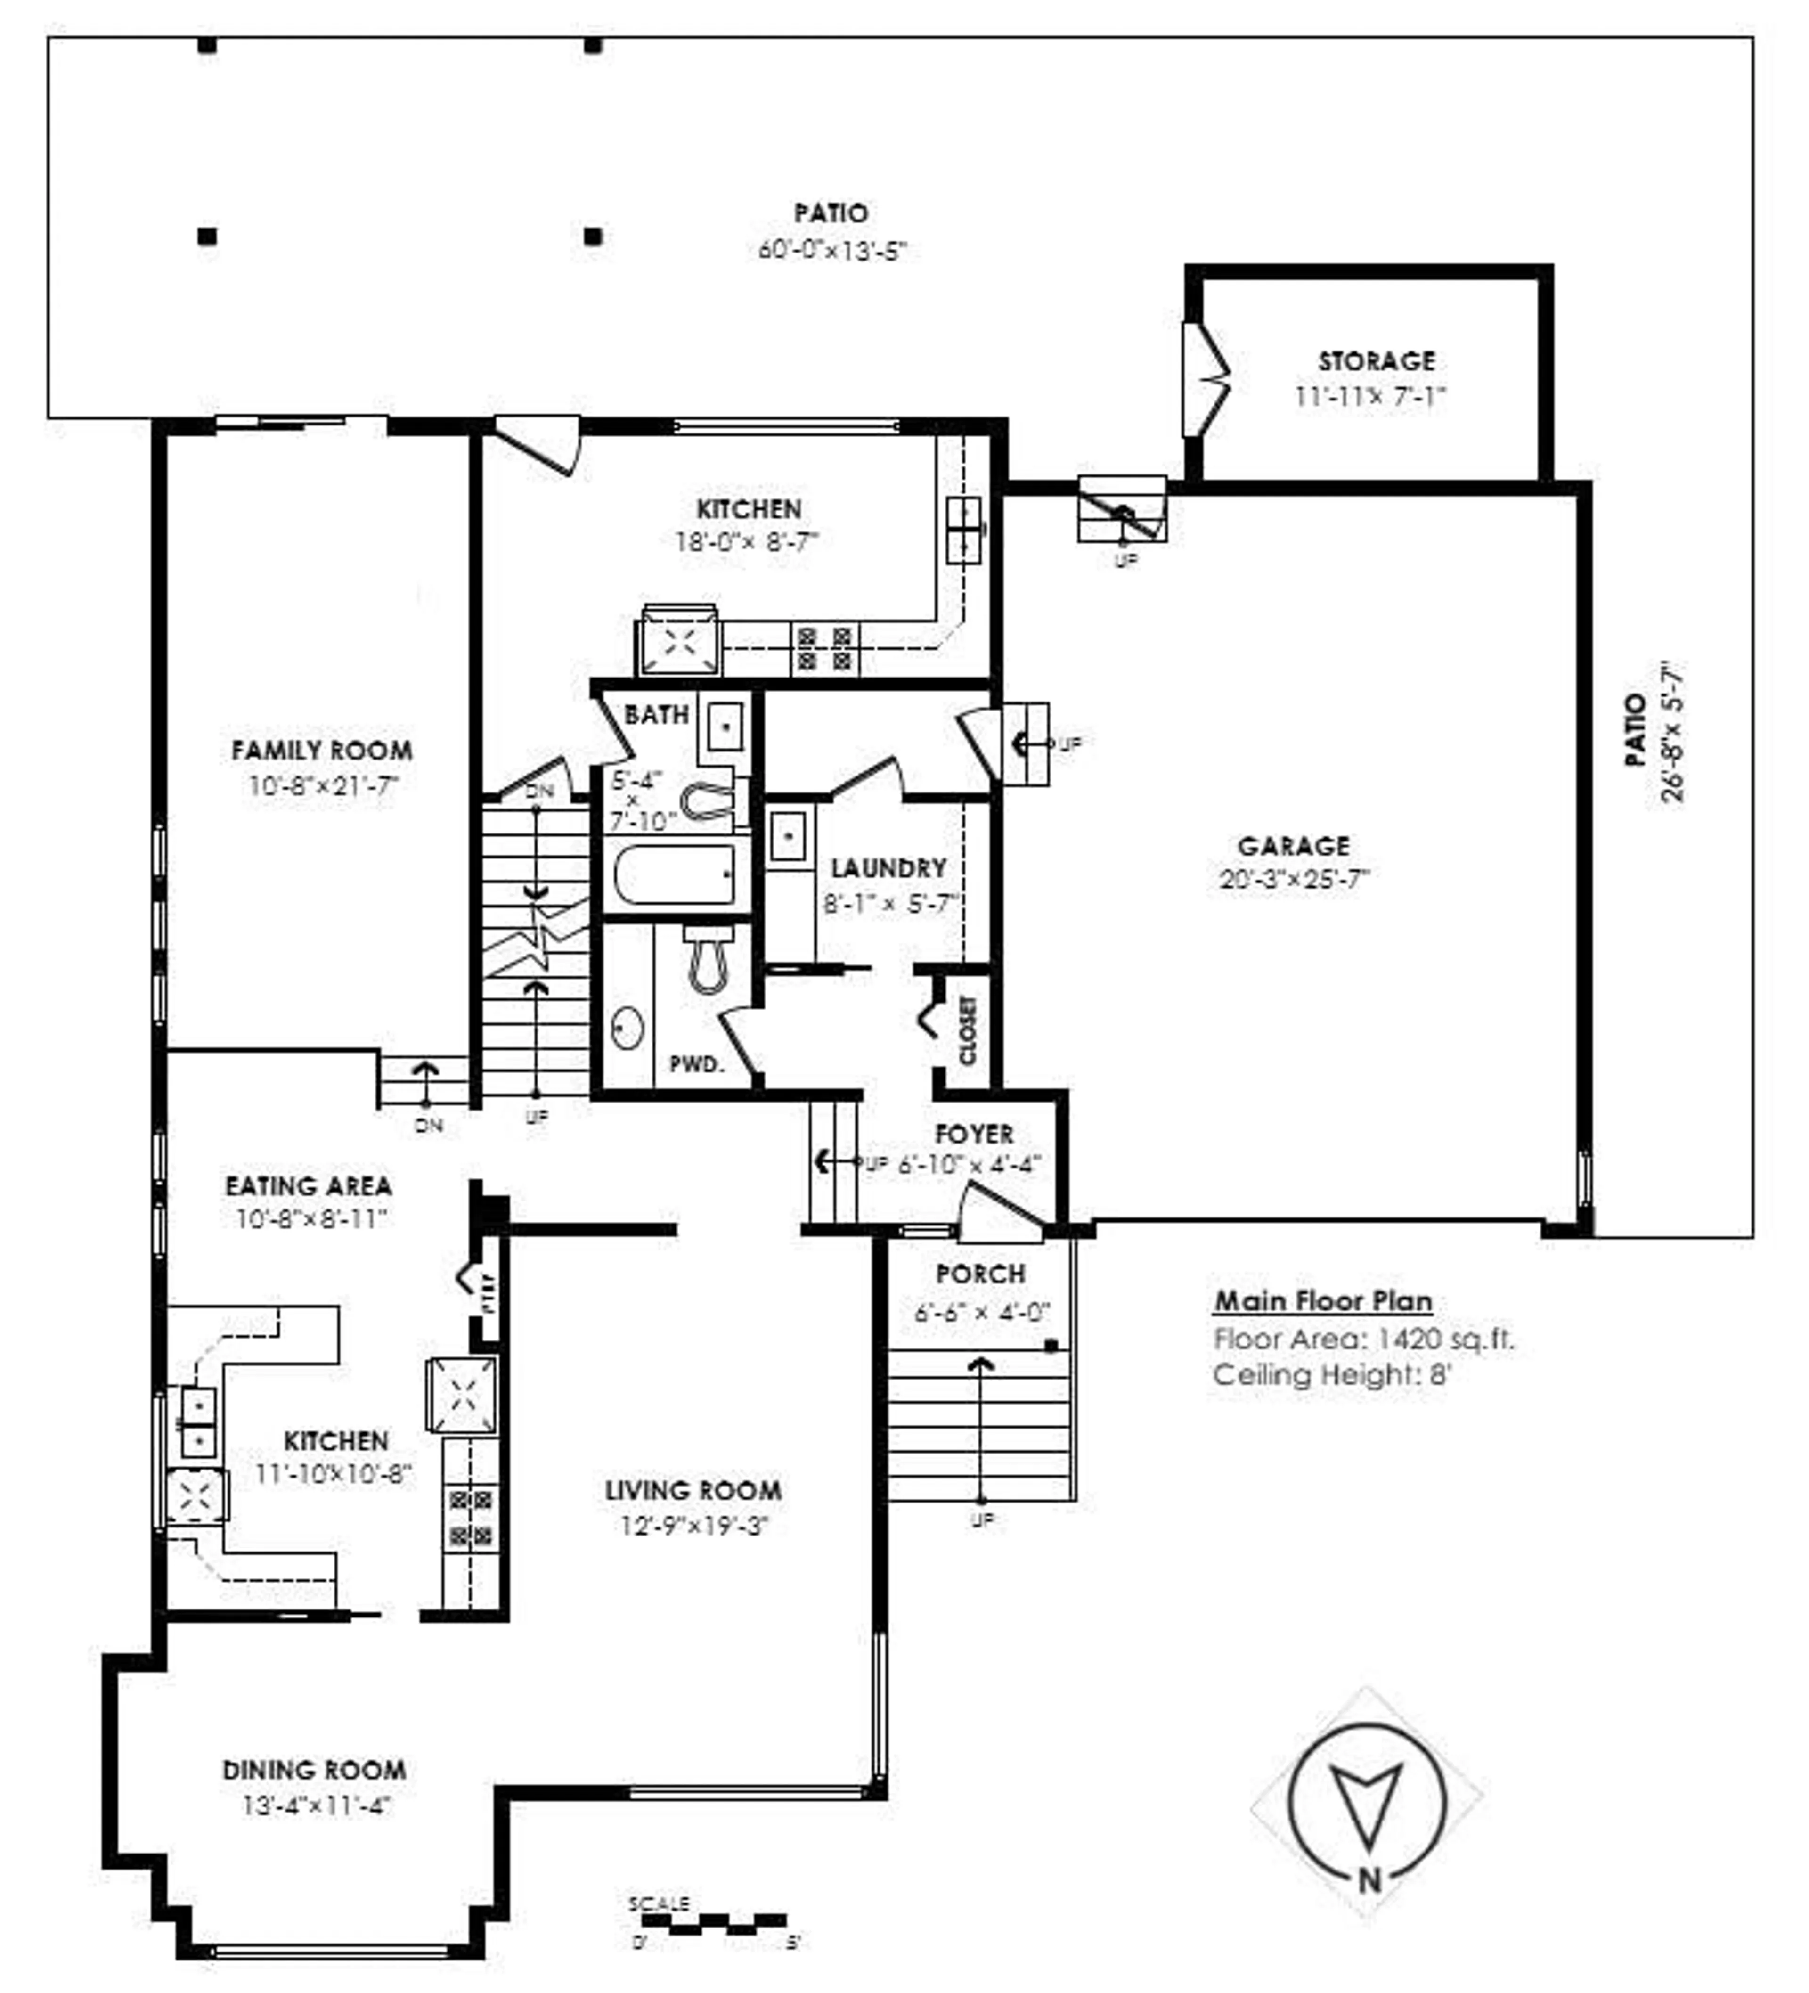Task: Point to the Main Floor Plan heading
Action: click(x=1323, y=1301)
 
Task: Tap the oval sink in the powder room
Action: click(x=627, y=1028)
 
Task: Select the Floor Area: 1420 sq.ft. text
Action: click(x=1362, y=1339)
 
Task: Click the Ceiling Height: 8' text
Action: click(x=1330, y=1374)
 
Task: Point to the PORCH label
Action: click(x=979, y=1274)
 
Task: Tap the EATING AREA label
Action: click(x=309, y=1185)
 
